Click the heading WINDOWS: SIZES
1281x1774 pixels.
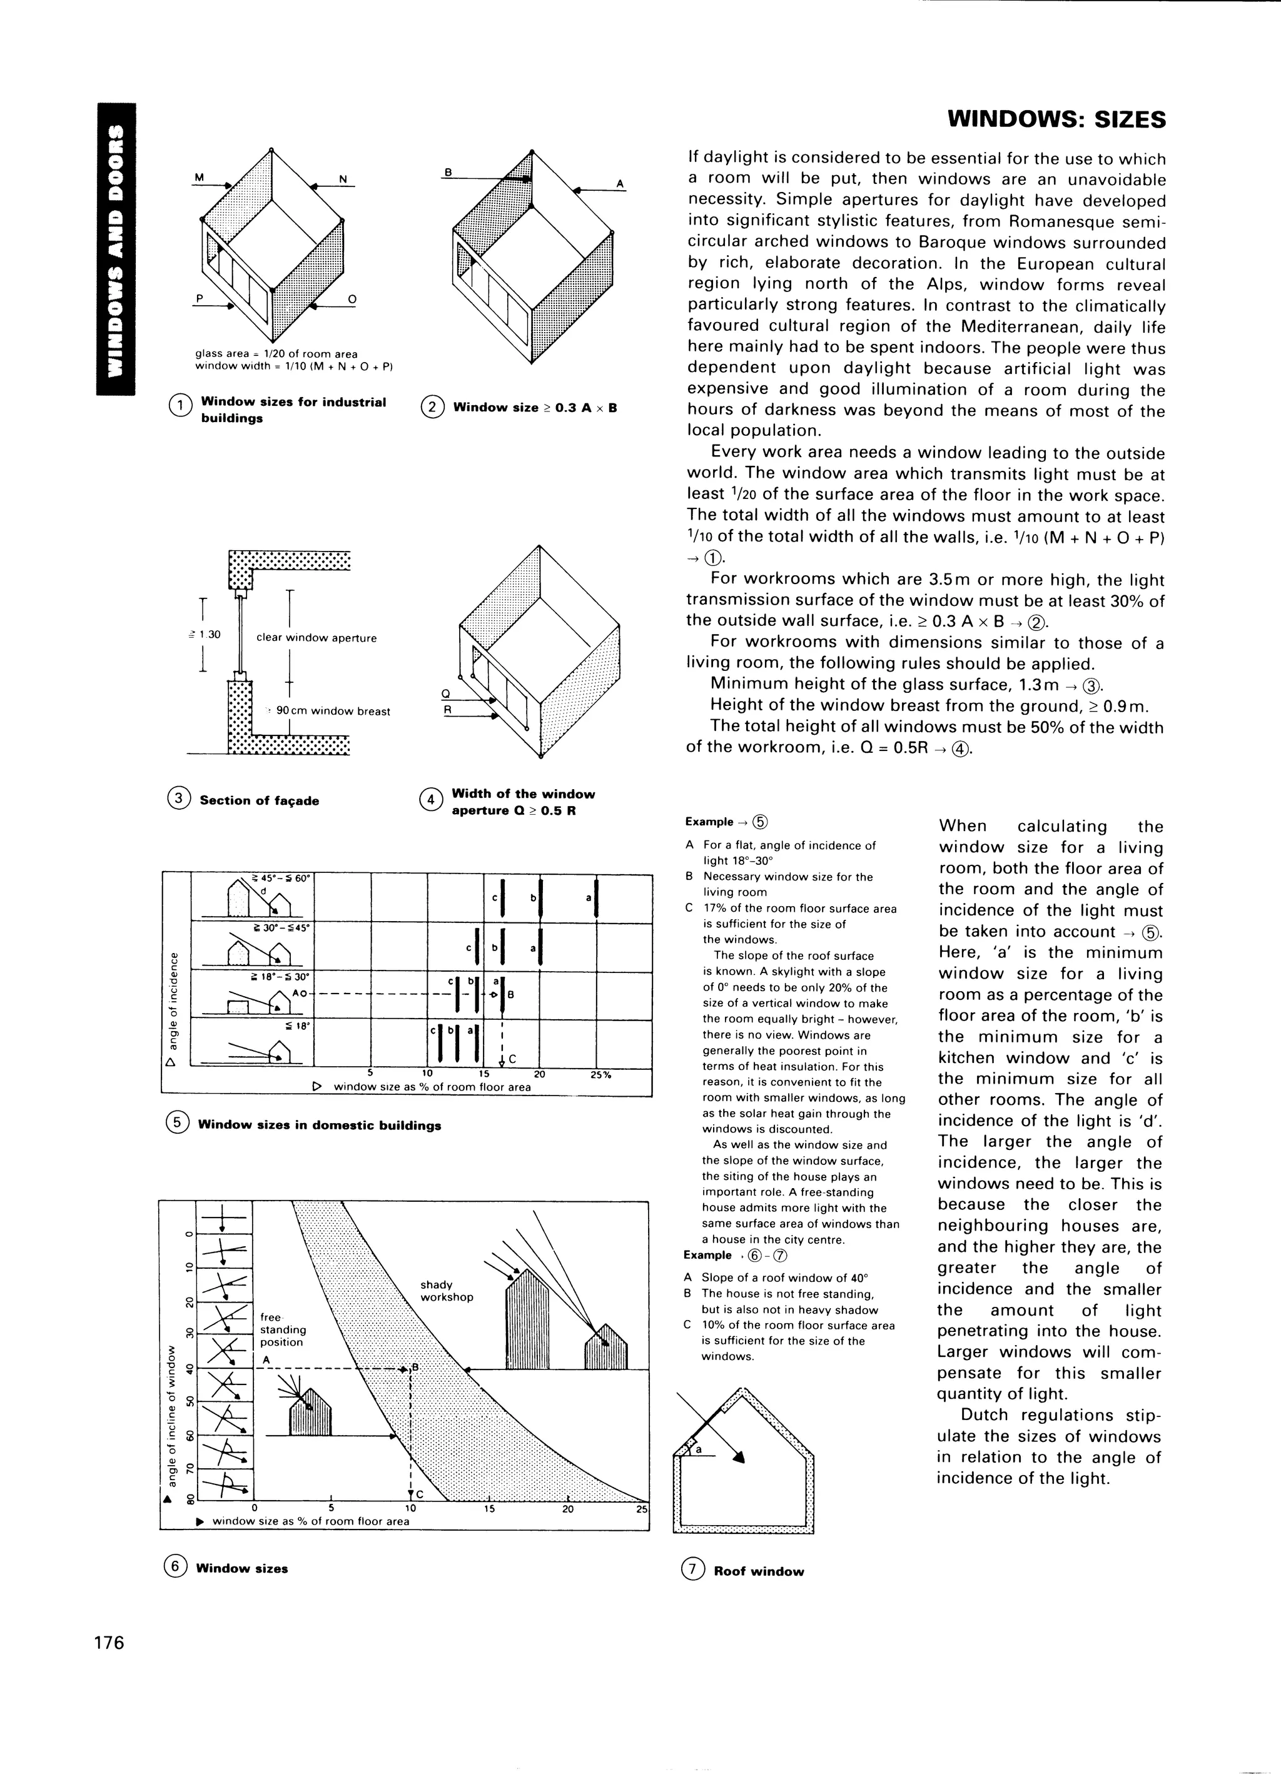(1056, 119)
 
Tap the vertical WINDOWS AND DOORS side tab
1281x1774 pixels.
(116, 248)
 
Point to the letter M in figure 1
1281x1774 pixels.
(199, 178)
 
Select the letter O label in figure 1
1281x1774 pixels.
(352, 299)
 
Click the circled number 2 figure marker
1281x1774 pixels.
(431, 408)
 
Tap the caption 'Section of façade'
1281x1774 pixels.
(259, 800)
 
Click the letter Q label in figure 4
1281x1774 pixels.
(446, 694)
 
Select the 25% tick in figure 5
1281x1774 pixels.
(601, 1075)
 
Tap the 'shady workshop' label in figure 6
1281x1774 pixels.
(446, 1291)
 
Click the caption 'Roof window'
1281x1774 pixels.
(758, 1571)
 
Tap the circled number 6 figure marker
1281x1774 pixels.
(175, 1568)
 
